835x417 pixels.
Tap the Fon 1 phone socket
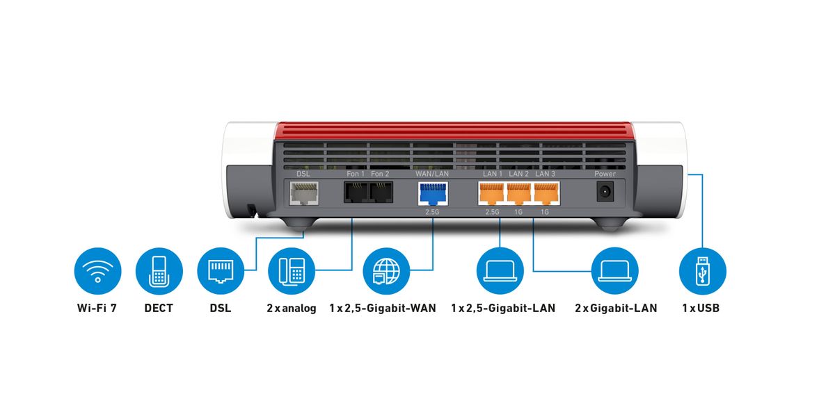point(356,192)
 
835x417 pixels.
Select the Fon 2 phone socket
point(381,192)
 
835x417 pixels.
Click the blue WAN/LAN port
point(432,193)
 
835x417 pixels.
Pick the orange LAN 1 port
point(492,193)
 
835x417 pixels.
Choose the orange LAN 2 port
point(518,193)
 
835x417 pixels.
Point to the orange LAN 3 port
point(545,193)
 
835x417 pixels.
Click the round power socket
point(605,193)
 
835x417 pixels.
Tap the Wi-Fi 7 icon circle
point(97,271)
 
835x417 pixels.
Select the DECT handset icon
point(159,271)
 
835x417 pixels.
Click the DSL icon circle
point(221,271)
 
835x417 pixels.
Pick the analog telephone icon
point(291,271)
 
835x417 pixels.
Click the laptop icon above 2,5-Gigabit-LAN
point(500,271)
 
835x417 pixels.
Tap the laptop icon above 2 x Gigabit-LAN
point(615,271)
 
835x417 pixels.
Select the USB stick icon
point(702,271)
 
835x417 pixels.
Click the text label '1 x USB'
point(701,308)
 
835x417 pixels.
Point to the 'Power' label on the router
point(605,174)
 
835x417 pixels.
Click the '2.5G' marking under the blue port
point(432,211)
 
